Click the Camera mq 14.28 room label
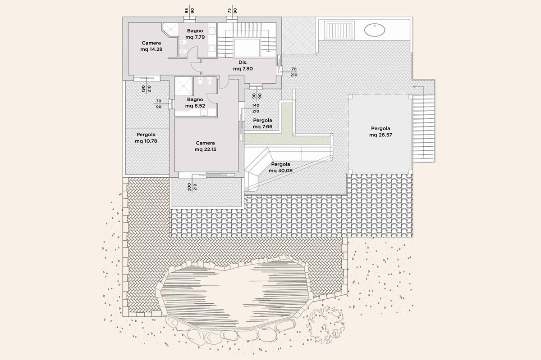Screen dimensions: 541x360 tap(151, 46)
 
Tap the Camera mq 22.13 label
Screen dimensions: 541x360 tap(205, 146)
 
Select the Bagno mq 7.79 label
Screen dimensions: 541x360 tap(195, 34)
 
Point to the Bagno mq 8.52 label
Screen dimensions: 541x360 tap(195, 103)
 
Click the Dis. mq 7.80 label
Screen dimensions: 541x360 tap(243, 66)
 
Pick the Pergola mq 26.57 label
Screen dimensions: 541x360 tap(381, 132)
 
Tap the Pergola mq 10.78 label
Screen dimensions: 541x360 tap(146, 138)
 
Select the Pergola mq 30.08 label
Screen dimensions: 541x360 tap(280, 167)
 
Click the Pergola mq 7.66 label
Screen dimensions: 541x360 tap(262, 123)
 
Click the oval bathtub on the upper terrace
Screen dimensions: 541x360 tap(374, 31)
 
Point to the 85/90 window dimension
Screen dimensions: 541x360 tap(189, 11)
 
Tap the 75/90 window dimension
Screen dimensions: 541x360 tap(232, 11)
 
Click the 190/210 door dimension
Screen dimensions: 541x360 tap(147, 89)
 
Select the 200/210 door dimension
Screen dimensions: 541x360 tap(192, 187)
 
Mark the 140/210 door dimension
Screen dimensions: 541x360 tap(256, 108)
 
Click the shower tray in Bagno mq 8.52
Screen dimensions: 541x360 tap(183, 86)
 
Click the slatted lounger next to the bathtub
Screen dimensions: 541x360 tap(339, 30)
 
